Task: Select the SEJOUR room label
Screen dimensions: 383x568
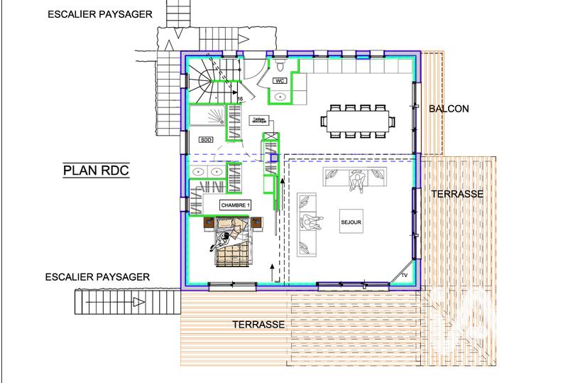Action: (351, 222)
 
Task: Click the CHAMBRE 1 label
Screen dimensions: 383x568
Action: (235, 205)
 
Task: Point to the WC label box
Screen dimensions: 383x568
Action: (280, 81)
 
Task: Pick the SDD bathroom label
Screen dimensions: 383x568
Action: (207, 140)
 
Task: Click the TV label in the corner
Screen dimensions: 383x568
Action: (405, 274)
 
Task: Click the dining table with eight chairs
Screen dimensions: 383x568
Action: (359, 121)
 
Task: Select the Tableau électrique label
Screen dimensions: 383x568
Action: (243, 121)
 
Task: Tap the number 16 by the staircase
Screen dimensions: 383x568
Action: (241, 99)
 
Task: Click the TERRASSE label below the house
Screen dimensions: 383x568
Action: (258, 324)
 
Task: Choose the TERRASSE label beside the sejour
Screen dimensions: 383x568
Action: (457, 193)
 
